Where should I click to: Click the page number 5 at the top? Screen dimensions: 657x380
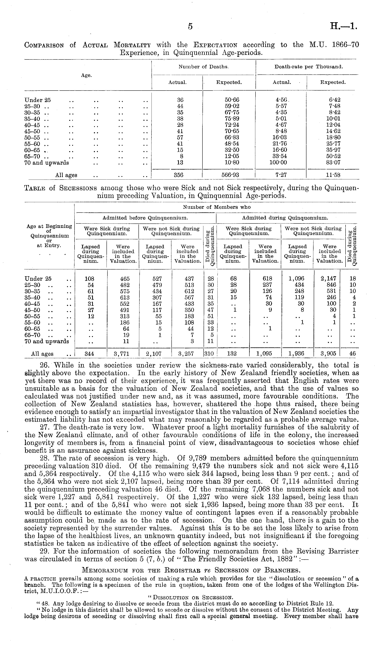pyautogui.click(x=190, y=26)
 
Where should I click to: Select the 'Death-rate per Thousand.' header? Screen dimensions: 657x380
pyautogui.click(x=309, y=67)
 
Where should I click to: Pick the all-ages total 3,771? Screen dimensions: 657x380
pyautogui.click(x=123, y=354)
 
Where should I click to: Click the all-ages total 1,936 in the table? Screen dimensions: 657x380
pyautogui.click(x=296, y=354)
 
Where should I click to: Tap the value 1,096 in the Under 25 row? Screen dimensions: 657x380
pyautogui.click(x=296, y=279)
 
